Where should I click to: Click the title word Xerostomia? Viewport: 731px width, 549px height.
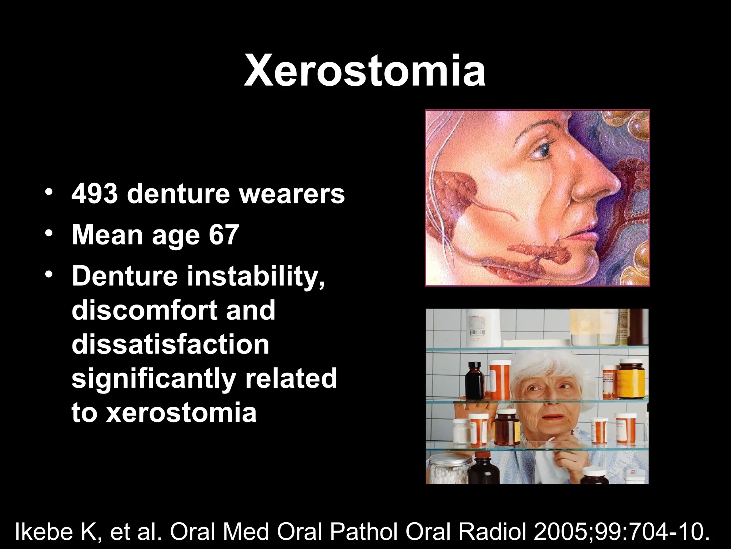[x=364, y=71]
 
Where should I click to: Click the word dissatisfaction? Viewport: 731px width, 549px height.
[x=170, y=344]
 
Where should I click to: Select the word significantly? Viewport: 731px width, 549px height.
[x=153, y=379]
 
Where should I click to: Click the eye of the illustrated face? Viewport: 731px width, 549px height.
[x=543, y=152]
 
